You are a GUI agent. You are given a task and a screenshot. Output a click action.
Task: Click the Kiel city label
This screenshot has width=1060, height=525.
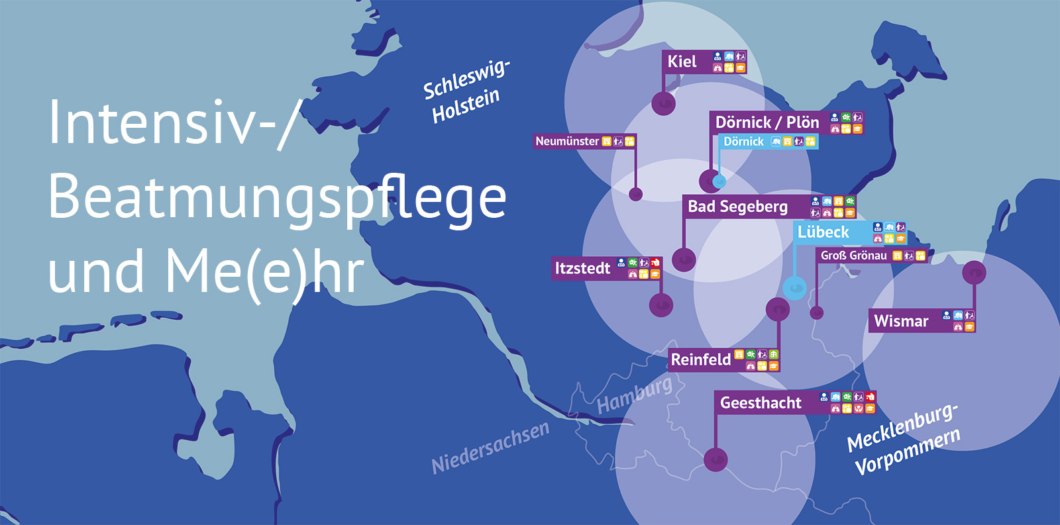(682, 62)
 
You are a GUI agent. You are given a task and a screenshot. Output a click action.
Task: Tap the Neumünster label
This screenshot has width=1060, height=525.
(567, 141)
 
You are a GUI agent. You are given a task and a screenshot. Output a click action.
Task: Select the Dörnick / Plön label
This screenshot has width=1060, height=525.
(767, 122)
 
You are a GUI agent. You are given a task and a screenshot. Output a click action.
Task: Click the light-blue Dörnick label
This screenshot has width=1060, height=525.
(743, 142)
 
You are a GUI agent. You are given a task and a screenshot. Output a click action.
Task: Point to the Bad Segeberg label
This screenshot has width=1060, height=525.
(737, 207)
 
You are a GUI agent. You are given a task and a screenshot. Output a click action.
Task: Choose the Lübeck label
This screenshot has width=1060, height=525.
(823, 232)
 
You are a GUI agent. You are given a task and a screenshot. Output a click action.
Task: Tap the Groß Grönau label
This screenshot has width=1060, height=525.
(853, 256)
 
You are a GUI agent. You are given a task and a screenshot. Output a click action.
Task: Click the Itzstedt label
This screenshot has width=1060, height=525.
(582, 268)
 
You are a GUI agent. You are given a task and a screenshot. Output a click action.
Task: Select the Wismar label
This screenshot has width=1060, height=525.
(901, 321)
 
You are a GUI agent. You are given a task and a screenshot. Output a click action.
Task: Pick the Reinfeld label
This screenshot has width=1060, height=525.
(701, 359)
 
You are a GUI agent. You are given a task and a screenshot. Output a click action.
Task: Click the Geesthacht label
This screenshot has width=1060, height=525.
(761, 403)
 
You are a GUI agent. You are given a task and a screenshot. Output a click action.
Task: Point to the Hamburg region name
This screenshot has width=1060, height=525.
(634, 395)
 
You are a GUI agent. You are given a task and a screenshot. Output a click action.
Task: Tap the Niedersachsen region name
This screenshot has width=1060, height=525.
(490, 448)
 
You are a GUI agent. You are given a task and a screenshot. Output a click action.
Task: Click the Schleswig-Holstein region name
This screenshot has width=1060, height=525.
(465, 92)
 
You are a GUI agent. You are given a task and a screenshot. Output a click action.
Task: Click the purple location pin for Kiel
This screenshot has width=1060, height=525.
(663, 103)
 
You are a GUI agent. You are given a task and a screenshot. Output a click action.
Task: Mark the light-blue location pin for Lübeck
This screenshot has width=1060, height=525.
(794, 288)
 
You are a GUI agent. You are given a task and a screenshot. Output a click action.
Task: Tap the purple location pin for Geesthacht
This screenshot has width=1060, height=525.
(715, 459)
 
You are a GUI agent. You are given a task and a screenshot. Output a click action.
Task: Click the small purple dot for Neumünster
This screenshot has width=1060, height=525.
(635, 194)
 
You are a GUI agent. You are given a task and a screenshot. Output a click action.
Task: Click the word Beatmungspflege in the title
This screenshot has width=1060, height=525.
(277, 197)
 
